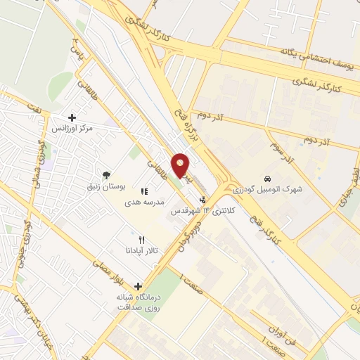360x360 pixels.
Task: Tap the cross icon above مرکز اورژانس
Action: [72, 117]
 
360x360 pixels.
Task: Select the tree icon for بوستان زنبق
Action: [106, 174]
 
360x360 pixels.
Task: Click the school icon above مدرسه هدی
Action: [144, 191]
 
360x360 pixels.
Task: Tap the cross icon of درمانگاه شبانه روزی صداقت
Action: [138, 286]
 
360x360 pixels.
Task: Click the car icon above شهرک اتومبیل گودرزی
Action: [267, 177]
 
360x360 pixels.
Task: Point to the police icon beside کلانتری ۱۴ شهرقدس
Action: [202, 200]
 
